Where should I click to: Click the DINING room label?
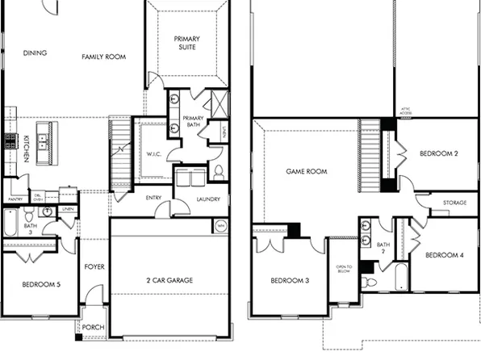click(35, 53)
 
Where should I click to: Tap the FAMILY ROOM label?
click(105, 57)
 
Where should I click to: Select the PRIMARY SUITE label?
click(190, 43)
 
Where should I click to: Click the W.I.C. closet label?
click(155, 153)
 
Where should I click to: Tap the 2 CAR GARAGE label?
click(175, 280)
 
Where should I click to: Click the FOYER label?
click(94, 266)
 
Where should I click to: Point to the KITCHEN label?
click(27, 149)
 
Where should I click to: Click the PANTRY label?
click(15, 199)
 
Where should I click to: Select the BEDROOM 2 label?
click(440, 153)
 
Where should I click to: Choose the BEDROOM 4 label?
click(445, 255)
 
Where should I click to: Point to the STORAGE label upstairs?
click(455, 203)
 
